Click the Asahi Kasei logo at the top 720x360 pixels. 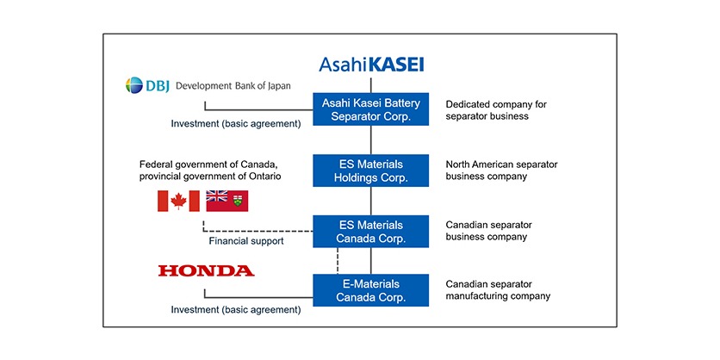point(371,65)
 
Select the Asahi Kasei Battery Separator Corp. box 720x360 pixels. point(370,109)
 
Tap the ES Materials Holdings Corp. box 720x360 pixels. point(370,171)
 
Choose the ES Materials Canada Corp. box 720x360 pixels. point(370,231)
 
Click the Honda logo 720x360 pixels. point(206,270)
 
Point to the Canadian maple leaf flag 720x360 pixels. point(178,201)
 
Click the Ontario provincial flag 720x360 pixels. point(227,201)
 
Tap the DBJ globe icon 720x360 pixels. point(136,86)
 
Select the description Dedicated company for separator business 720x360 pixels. point(495,109)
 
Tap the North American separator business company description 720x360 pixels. point(498,171)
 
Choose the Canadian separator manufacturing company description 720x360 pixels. point(498,290)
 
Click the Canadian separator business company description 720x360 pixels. point(488,231)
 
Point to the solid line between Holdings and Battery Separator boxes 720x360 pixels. point(371,140)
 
